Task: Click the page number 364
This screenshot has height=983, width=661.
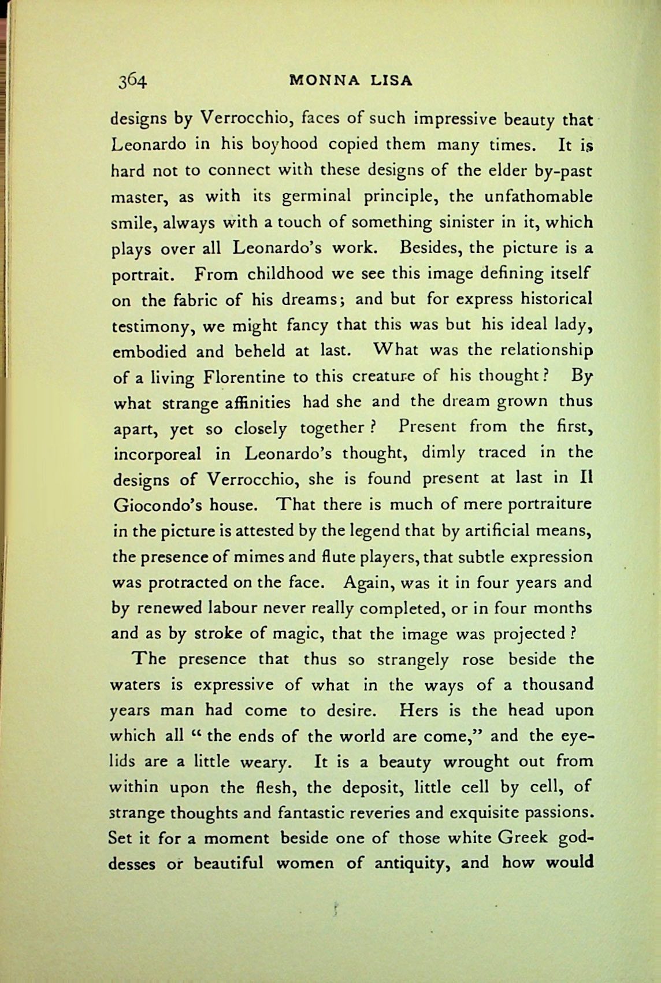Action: coord(133,80)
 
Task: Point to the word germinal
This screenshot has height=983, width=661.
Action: coord(316,196)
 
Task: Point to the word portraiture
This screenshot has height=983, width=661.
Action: coord(549,505)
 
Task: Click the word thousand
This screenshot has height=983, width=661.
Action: coord(558,685)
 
